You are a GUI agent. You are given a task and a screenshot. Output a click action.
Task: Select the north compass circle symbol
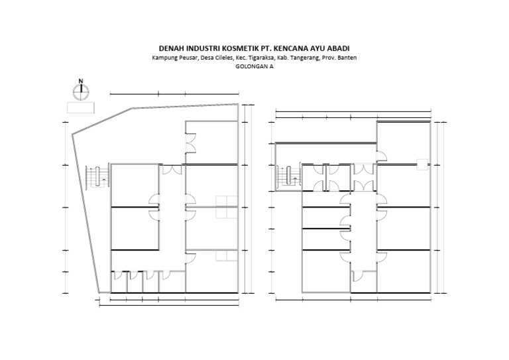tap(81, 92)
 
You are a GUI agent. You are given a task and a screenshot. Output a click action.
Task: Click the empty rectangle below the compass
tap(81, 107)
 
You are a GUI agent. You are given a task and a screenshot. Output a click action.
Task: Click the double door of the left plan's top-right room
tap(190, 142)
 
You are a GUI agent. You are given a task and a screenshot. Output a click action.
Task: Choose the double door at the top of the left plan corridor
tap(172, 170)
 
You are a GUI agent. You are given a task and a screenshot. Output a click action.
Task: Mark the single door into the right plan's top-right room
tap(382, 156)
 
